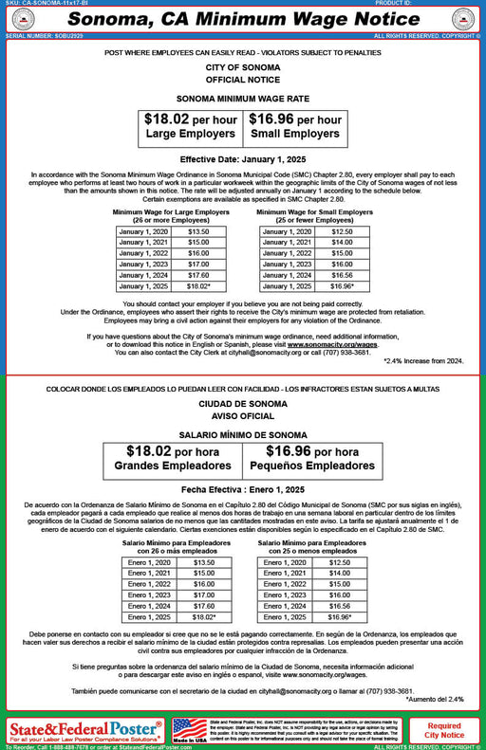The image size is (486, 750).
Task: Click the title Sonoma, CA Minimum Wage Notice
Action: [x=243, y=19]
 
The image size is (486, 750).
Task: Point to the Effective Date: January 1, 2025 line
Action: [x=242, y=158]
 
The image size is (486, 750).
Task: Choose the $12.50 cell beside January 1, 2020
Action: [x=342, y=231]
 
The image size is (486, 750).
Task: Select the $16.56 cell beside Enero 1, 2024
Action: [x=339, y=606]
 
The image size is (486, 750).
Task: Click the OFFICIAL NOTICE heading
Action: [x=242, y=79]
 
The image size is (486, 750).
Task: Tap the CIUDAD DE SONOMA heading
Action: [x=242, y=403]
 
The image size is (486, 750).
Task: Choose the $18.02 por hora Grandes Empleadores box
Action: [x=175, y=458]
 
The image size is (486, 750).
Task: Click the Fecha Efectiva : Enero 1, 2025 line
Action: [x=242, y=489]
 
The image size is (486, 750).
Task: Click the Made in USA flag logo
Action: [x=189, y=730]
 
